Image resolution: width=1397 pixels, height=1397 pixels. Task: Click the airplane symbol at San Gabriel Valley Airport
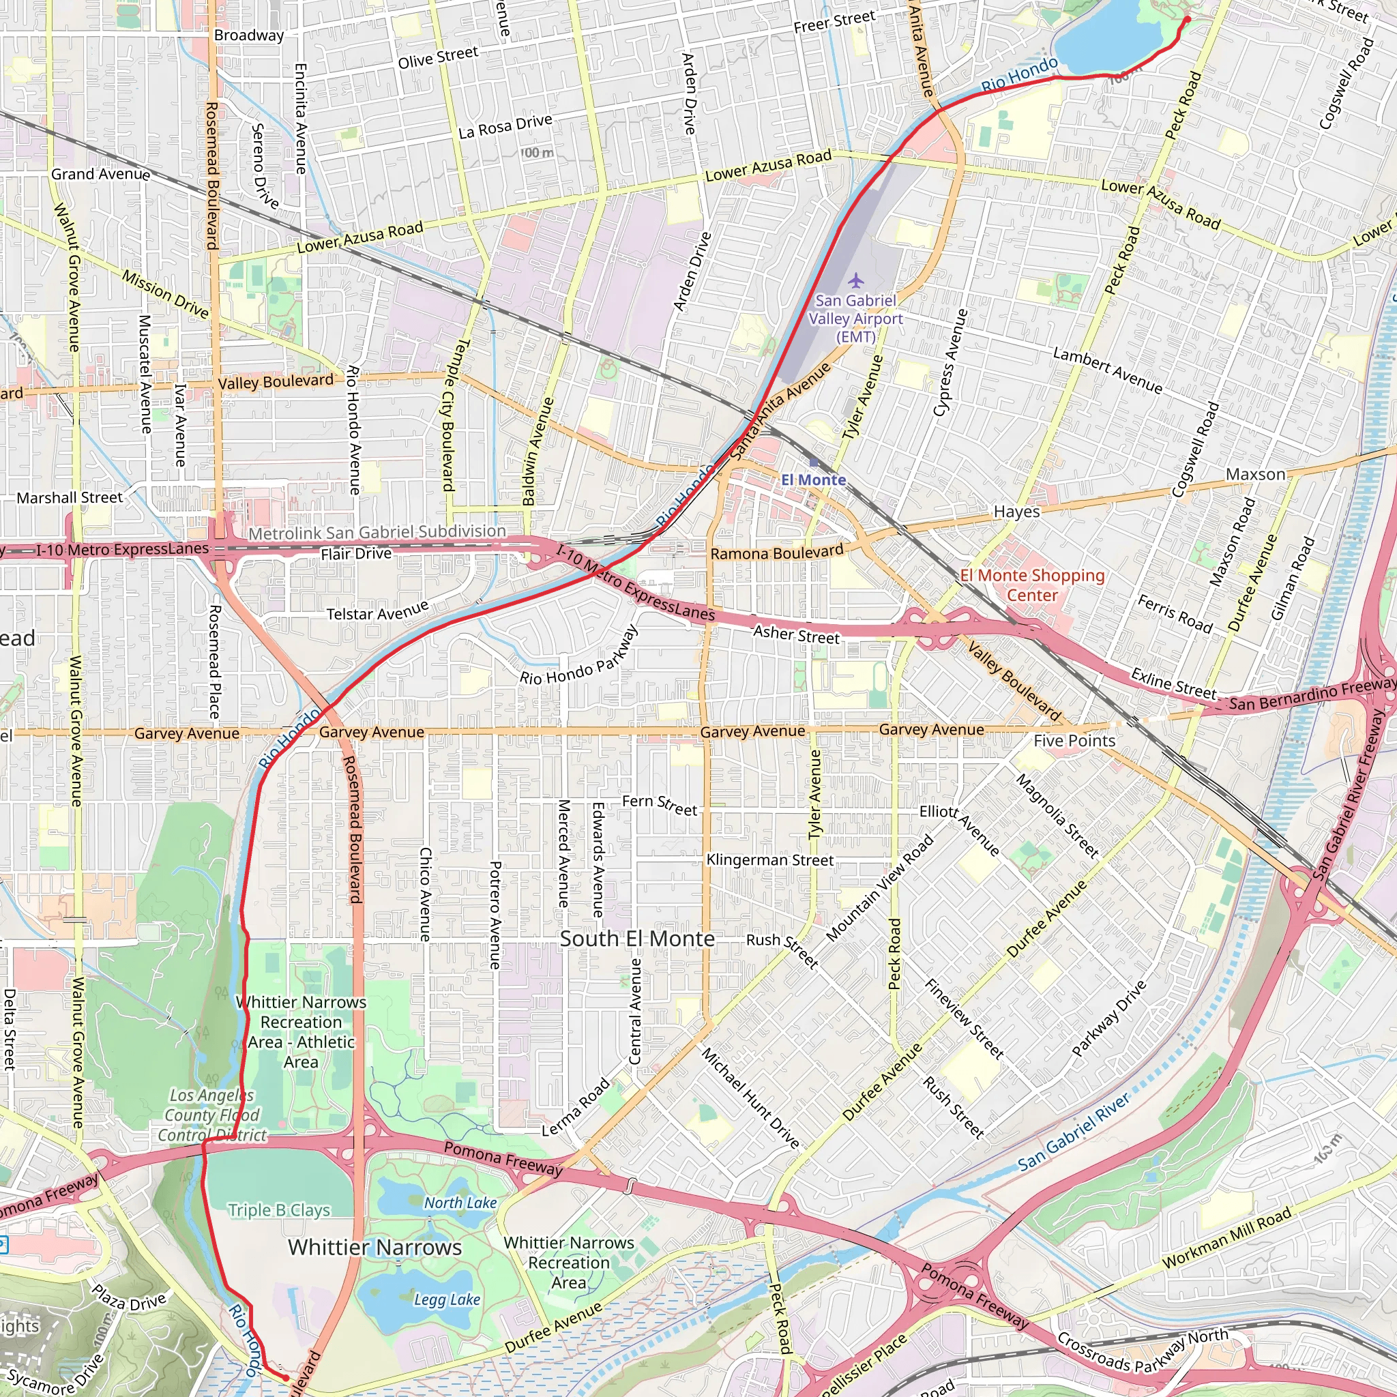(x=856, y=280)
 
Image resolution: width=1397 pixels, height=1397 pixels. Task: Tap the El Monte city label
(x=814, y=480)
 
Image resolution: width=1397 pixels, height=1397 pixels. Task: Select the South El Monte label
(x=637, y=939)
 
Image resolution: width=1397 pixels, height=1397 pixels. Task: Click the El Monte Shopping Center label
(x=1032, y=585)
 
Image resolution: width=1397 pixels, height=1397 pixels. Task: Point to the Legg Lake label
(x=447, y=1299)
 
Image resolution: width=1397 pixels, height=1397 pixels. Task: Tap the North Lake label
(x=460, y=1203)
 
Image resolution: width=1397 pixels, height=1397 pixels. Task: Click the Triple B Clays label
(x=279, y=1209)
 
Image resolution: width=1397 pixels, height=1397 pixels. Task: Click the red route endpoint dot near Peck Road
(x=1188, y=20)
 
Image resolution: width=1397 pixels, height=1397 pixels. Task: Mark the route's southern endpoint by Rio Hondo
(x=286, y=1378)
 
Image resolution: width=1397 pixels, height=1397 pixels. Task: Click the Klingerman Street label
(x=769, y=859)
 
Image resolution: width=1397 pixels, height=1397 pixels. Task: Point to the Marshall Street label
(x=70, y=498)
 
